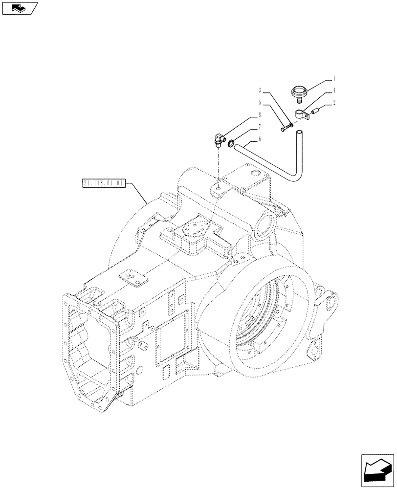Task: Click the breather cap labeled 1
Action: click(298, 92)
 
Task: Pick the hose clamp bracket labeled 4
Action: click(303, 116)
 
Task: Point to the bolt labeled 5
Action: click(285, 129)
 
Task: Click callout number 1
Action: click(334, 78)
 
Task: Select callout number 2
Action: click(334, 103)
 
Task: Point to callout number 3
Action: click(260, 90)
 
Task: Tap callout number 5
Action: click(260, 103)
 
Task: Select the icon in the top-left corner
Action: click(20, 8)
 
